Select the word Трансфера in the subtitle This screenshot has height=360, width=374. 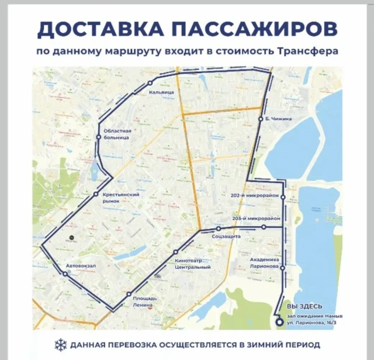[x=309, y=51]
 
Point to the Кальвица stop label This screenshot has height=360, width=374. [x=161, y=92]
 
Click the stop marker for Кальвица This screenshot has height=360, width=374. [x=150, y=82]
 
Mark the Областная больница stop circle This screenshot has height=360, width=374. [x=99, y=137]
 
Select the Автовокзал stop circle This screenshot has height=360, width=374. [x=64, y=273]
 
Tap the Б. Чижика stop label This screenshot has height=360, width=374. [x=278, y=119]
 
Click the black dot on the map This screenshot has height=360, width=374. [x=71, y=238]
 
